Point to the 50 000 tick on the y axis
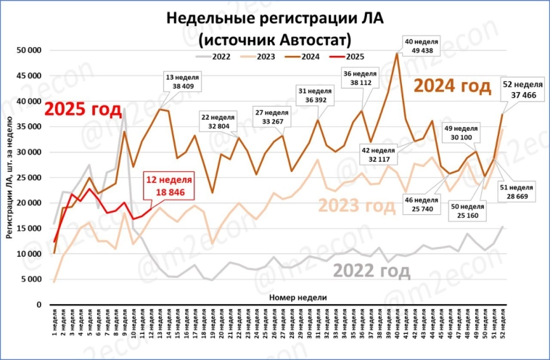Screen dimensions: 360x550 29,50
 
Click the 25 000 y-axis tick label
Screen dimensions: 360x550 29,178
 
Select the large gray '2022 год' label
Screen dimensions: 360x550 372,271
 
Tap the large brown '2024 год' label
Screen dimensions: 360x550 453,86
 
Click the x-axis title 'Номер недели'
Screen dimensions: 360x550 297,298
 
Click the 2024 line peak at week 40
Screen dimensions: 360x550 397,53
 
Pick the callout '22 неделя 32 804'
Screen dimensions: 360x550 219,120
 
